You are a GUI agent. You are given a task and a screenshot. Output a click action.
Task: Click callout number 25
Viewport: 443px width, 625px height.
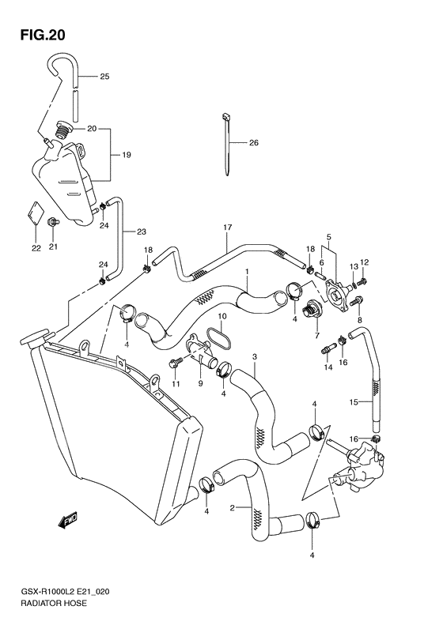(x=104, y=77)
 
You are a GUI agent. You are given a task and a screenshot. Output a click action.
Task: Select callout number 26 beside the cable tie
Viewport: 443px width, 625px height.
(x=254, y=143)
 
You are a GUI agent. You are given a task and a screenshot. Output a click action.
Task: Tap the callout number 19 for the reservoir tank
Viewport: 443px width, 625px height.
(x=126, y=156)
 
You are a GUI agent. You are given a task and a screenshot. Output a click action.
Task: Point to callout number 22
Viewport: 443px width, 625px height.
(x=36, y=249)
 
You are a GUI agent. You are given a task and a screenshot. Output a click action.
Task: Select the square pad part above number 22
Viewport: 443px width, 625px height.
(x=35, y=214)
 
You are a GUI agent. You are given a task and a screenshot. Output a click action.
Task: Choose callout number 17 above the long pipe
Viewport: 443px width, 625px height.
(x=227, y=228)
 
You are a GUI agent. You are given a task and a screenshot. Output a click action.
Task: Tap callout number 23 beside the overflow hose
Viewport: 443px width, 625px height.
(x=142, y=232)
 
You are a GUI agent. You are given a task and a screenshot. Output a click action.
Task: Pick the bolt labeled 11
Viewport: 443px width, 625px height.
(x=175, y=363)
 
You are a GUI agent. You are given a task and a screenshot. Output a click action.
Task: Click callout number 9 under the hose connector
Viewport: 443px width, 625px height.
(x=200, y=383)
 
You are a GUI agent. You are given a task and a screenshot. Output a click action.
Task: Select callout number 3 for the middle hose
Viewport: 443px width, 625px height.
(x=255, y=358)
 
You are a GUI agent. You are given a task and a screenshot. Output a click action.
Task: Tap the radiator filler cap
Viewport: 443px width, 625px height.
(x=33, y=341)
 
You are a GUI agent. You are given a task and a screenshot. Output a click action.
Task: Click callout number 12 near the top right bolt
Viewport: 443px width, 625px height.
(x=365, y=262)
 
